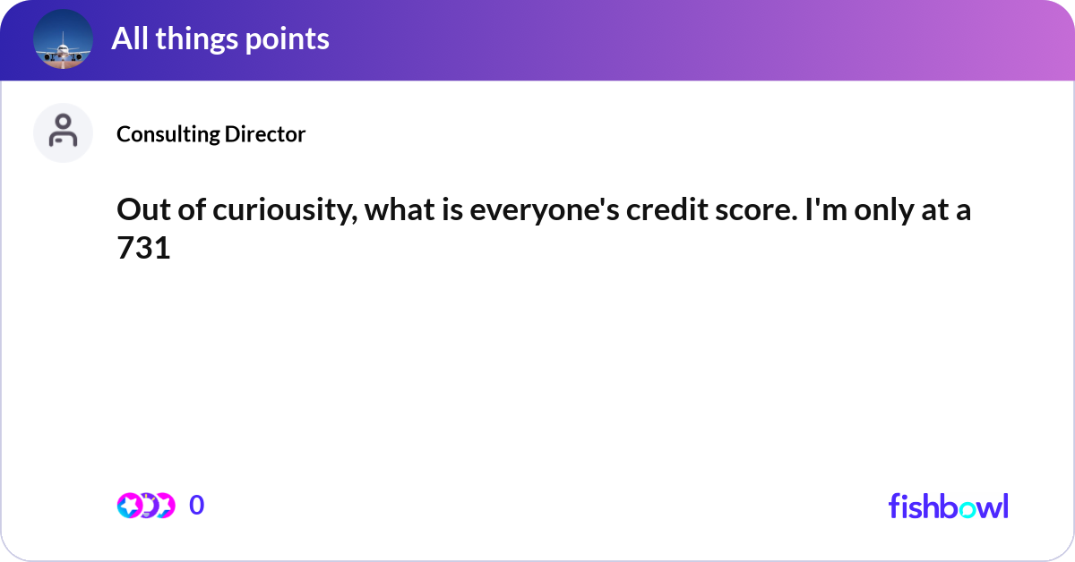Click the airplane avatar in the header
pos(64,38)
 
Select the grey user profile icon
pos(64,132)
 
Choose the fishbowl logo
pos(948,506)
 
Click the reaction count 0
pos(197,506)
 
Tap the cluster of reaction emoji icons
pos(145,506)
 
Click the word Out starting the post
pos(139,212)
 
